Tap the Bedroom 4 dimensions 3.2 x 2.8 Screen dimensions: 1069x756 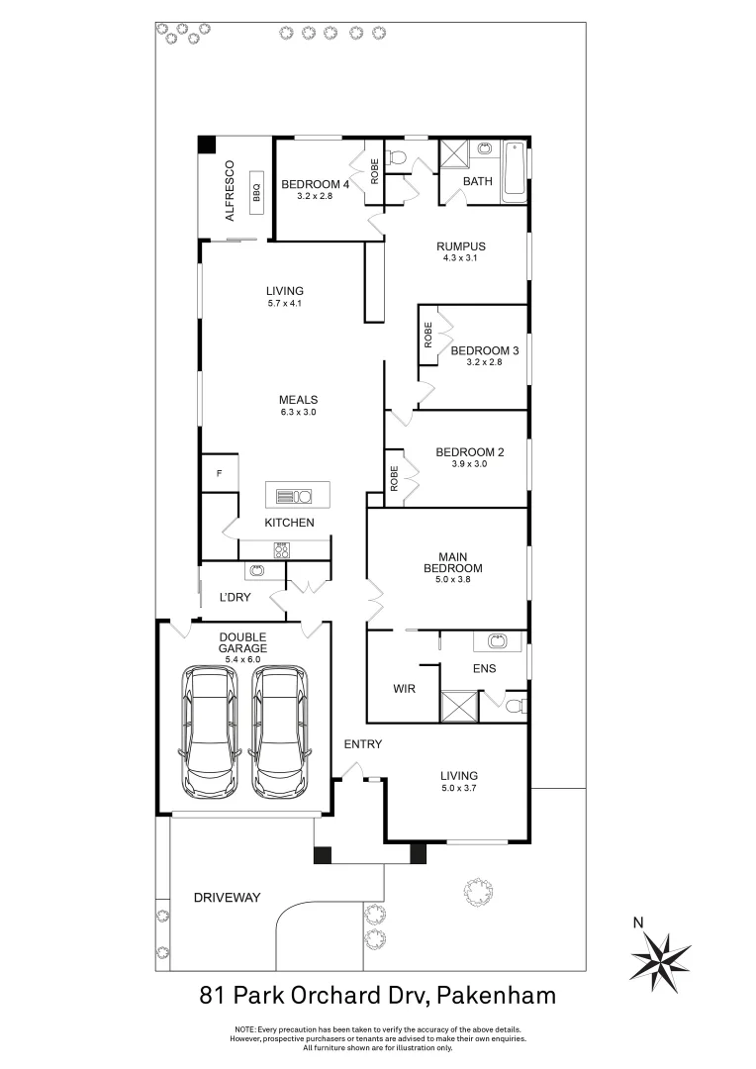[315, 197]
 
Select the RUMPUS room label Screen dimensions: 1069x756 [461, 246]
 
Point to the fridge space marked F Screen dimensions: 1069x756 [219, 473]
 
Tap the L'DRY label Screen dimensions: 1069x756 [236, 598]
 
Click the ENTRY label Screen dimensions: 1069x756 [362, 744]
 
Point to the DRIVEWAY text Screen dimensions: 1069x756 [227, 898]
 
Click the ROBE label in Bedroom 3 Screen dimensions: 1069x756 [428, 334]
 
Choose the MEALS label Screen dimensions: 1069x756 [297, 400]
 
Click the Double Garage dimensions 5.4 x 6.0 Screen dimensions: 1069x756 [244, 659]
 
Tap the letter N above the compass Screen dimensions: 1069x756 [638, 923]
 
